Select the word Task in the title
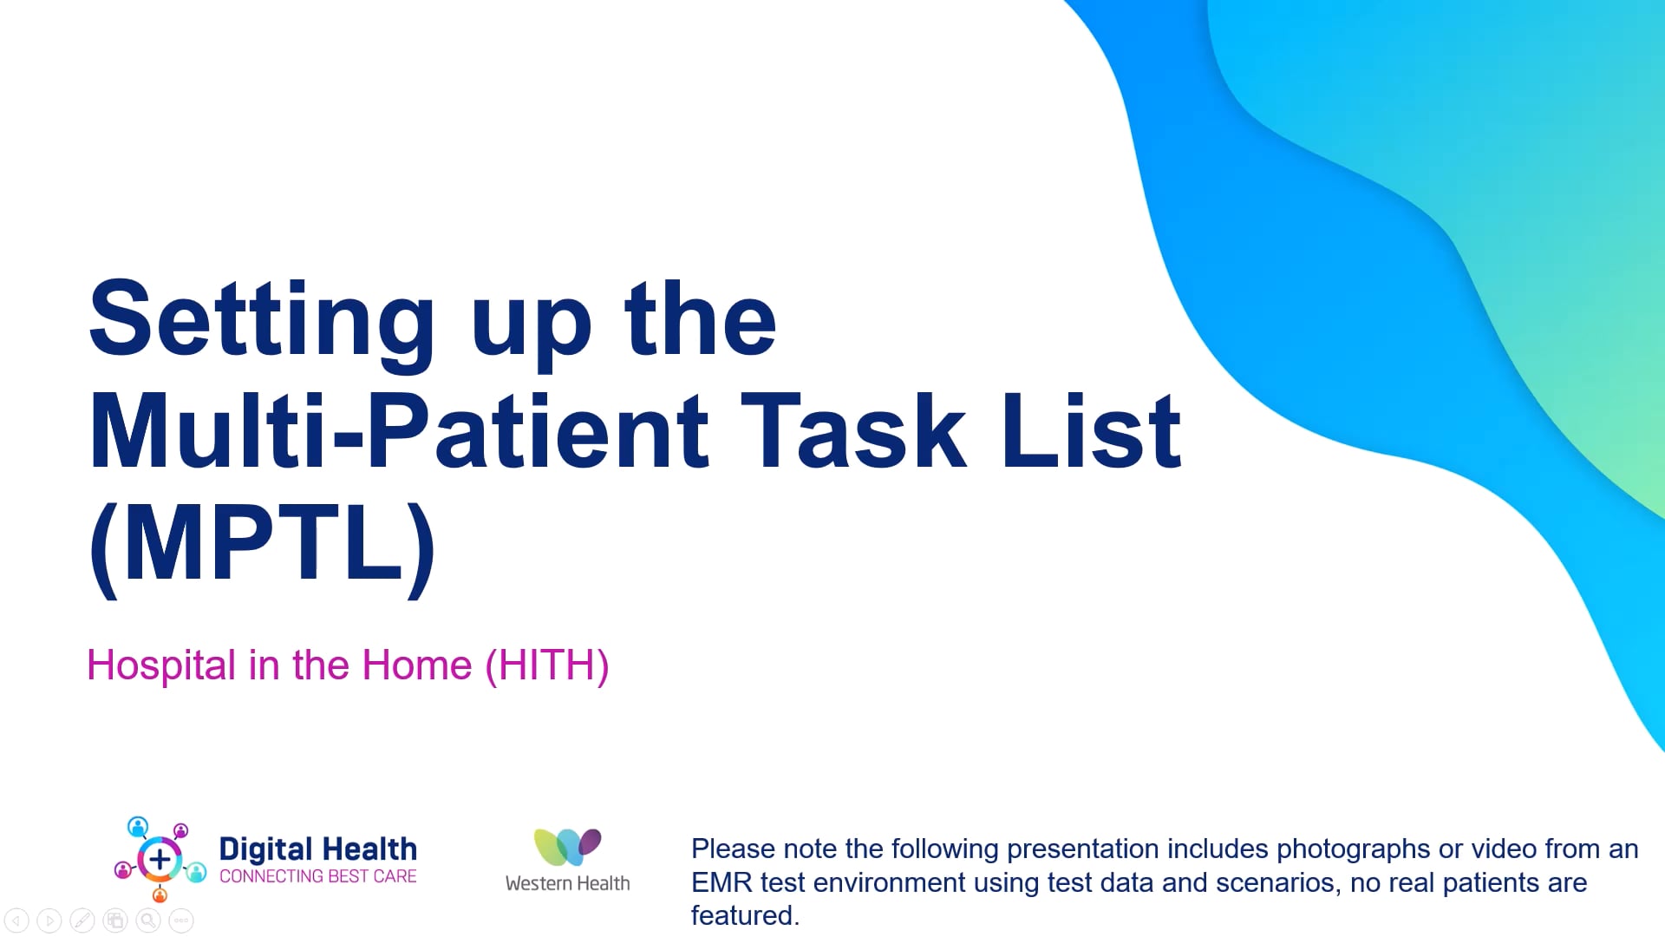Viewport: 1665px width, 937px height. point(852,430)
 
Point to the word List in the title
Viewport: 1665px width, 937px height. point(1091,430)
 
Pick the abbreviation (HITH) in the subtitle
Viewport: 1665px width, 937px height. point(547,665)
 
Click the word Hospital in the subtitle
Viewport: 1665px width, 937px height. point(161,666)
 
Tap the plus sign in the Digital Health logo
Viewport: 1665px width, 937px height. point(160,860)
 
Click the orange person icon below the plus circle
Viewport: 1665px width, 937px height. point(160,894)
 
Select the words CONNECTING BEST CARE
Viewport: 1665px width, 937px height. point(318,876)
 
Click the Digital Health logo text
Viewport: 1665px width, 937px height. point(318,849)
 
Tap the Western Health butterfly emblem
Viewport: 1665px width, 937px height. point(567,847)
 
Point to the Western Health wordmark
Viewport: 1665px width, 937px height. point(568,883)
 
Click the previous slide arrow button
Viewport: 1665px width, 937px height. point(16,921)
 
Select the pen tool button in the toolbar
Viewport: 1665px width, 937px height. point(82,921)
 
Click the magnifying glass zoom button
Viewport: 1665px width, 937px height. point(148,921)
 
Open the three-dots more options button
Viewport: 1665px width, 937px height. point(181,921)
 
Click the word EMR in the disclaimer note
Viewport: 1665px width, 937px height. point(721,882)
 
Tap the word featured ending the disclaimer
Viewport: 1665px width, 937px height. point(745,915)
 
